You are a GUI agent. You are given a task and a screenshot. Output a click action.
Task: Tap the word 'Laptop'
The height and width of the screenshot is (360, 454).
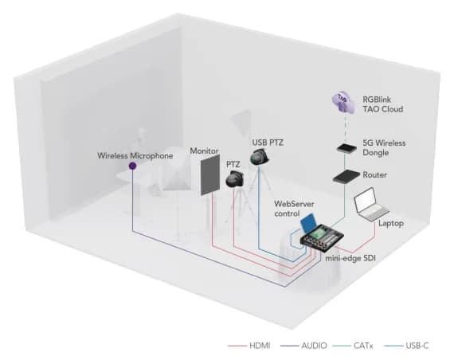click(x=390, y=224)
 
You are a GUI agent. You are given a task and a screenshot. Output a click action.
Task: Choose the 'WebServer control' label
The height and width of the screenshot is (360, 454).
click(x=295, y=209)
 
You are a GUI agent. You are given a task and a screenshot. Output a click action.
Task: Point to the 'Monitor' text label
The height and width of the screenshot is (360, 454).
click(x=205, y=150)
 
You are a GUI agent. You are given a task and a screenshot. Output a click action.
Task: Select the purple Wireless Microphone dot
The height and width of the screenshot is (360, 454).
click(x=132, y=166)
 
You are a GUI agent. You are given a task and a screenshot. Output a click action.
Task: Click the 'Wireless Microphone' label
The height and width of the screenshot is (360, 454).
click(x=135, y=155)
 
